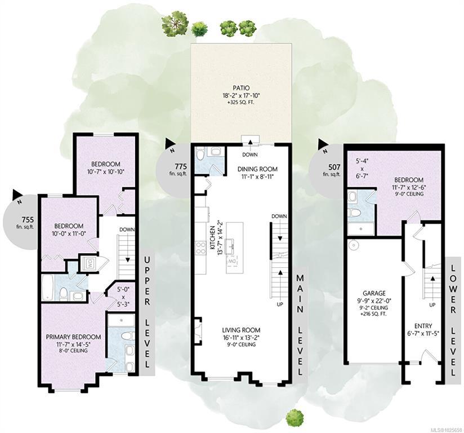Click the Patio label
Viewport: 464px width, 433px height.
click(241, 88)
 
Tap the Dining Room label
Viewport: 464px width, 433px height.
click(258, 169)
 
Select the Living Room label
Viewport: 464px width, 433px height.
click(241, 330)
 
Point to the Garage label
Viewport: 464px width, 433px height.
click(374, 293)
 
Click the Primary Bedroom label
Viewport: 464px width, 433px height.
click(73, 337)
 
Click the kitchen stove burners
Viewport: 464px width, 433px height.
click(200, 248)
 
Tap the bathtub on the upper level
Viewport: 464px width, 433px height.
click(47, 288)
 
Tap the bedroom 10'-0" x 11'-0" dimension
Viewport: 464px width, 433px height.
click(69, 233)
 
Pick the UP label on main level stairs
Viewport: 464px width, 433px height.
click(280, 304)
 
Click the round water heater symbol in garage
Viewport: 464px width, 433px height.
click(353, 245)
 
